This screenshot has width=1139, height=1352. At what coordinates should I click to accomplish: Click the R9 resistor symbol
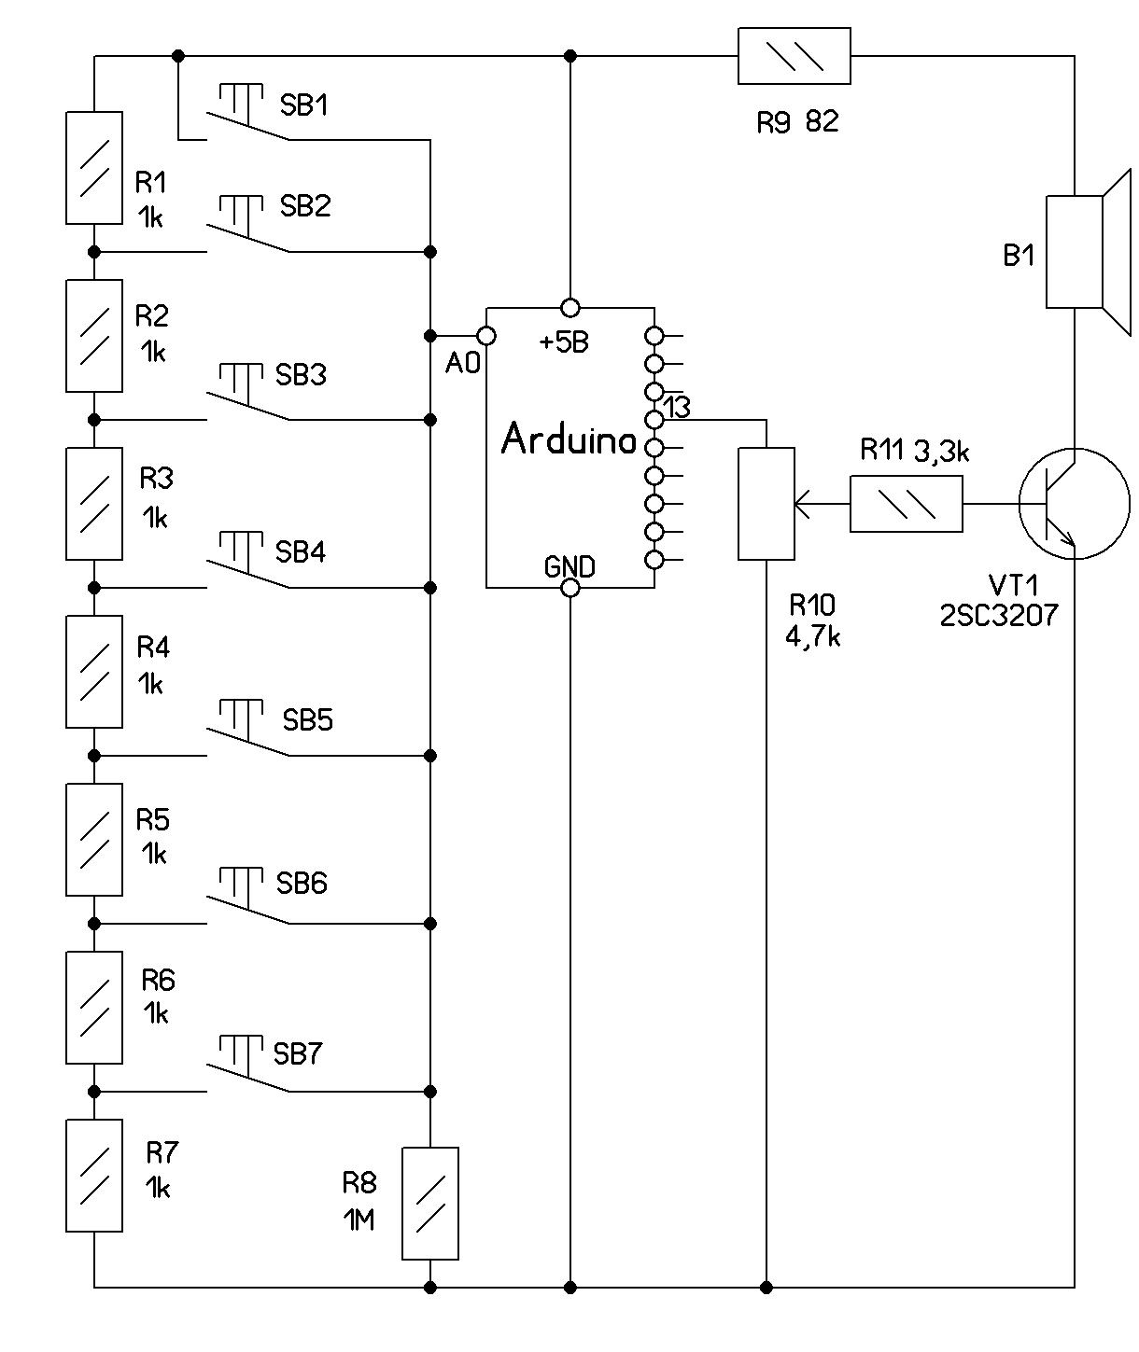click(x=794, y=56)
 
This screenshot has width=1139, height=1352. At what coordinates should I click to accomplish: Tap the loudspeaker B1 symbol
click(x=1083, y=252)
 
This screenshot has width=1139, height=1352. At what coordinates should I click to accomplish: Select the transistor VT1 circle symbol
click(x=1074, y=504)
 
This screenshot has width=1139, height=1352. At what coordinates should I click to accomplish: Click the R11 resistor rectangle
click(x=906, y=504)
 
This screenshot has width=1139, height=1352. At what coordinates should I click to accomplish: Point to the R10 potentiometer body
click(x=766, y=504)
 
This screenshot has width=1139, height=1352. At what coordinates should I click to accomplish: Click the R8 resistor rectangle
click(x=429, y=1204)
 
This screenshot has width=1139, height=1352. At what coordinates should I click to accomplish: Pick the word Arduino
click(x=569, y=439)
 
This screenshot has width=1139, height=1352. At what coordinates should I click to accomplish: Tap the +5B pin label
click(x=564, y=342)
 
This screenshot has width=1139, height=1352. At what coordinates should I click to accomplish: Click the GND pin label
click(x=569, y=566)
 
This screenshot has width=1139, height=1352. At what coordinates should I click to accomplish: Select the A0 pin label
click(x=462, y=363)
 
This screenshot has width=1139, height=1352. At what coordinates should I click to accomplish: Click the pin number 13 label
click(x=676, y=407)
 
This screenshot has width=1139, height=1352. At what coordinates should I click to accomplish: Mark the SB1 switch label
click(x=304, y=105)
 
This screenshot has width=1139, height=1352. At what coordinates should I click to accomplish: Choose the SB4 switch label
click(x=301, y=552)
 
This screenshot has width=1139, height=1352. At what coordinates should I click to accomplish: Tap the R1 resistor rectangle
click(x=93, y=168)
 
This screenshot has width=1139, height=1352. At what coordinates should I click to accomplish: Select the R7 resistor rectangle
click(x=93, y=1176)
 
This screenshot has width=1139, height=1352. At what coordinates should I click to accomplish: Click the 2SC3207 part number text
click(x=999, y=616)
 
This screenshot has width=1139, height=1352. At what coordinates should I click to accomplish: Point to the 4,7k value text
click(x=813, y=637)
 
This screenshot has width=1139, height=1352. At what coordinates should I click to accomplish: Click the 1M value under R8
click(x=359, y=1220)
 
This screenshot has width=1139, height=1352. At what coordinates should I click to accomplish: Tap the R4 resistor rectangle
click(x=93, y=672)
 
